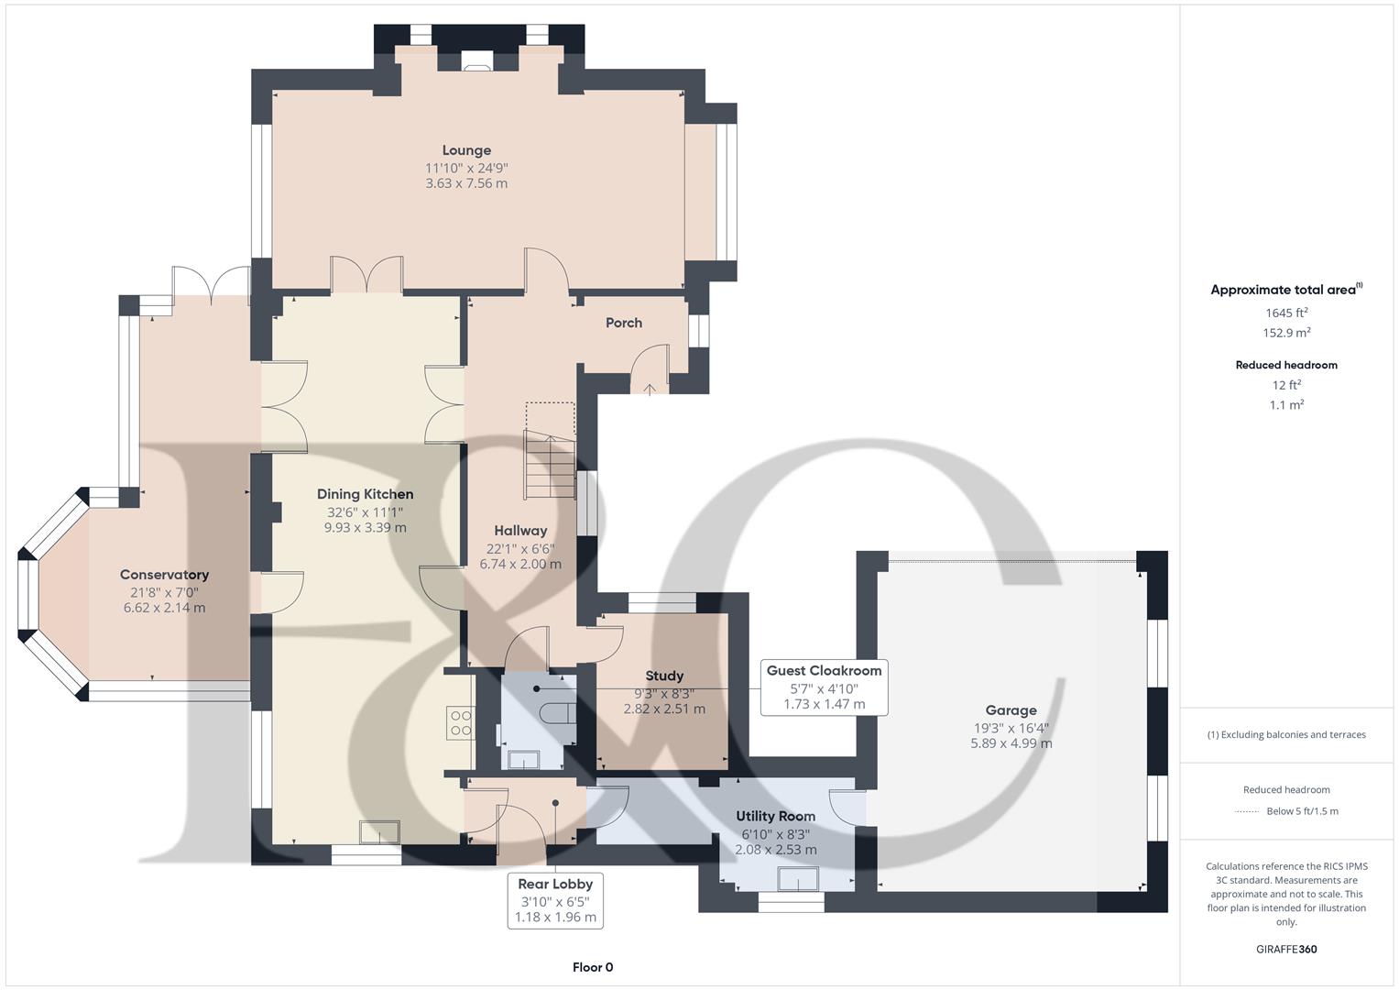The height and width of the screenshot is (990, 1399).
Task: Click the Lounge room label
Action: tap(466, 150)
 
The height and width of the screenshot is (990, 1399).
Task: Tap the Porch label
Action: tap(623, 323)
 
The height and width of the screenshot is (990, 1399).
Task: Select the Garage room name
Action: tap(1011, 709)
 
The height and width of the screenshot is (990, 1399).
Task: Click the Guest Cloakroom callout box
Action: tap(824, 687)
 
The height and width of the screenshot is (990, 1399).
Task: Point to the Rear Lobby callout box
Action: tap(555, 900)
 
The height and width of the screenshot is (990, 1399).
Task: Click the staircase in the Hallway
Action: tap(550, 463)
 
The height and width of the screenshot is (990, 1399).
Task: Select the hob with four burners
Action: tap(461, 723)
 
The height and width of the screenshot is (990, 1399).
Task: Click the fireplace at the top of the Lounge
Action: tap(476, 64)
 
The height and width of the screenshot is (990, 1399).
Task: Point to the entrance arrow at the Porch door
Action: tap(650, 389)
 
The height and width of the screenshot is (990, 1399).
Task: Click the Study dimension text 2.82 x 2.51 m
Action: tap(664, 709)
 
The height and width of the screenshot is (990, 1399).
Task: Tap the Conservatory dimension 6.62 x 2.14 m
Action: tap(164, 608)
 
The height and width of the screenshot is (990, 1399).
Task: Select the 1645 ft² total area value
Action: tap(1286, 313)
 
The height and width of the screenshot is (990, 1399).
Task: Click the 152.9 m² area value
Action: tap(1286, 333)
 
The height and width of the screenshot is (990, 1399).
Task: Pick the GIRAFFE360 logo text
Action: tap(1286, 949)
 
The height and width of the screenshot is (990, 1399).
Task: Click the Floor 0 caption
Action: tap(592, 967)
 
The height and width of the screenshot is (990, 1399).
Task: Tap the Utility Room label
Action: tap(775, 816)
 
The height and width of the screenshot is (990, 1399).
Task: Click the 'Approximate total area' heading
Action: tap(1285, 290)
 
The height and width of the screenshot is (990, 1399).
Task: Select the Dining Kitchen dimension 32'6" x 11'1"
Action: tap(365, 512)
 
